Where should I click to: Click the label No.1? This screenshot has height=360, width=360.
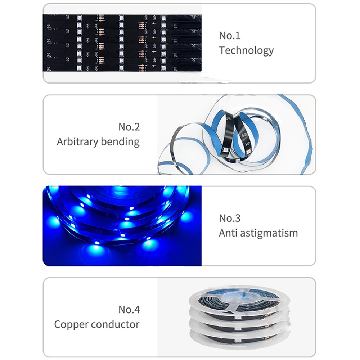[x=230, y=36]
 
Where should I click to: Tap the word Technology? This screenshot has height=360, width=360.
[x=246, y=51]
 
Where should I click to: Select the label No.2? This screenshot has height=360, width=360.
[x=129, y=127]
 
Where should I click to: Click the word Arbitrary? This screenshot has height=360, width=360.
[x=78, y=142]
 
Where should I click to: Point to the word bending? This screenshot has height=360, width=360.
[x=120, y=142]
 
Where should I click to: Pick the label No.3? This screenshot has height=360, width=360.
[x=230, y=219]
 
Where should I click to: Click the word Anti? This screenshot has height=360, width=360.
[x=228, y=233]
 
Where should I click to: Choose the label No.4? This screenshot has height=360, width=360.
[x=129, y=310]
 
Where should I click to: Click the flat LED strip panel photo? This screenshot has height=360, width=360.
[x=122, y=43]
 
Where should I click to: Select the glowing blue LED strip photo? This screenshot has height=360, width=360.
[x=122, y=226]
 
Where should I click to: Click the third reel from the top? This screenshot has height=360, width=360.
[x=239, y=328]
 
